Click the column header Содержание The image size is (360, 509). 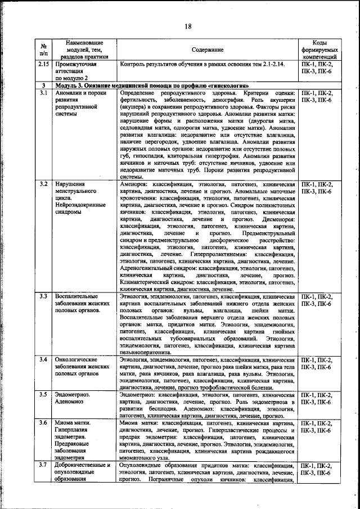pyautogui.click(x=206, y=50)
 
